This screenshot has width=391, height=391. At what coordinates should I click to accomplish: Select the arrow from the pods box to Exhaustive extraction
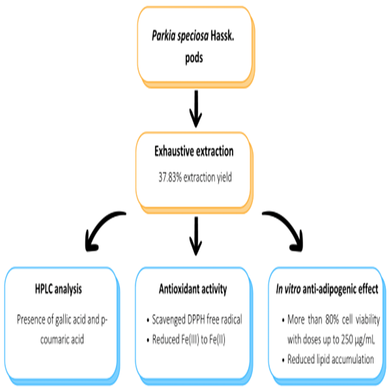pyautogui.click(x=195, y=108)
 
